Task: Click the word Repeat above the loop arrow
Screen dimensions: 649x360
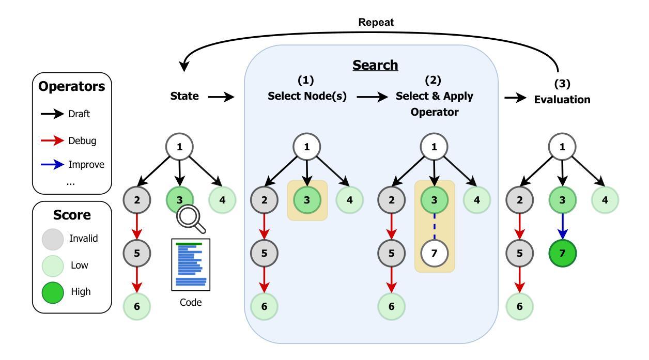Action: [376, 22]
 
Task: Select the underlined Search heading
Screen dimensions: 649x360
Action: [375, 65]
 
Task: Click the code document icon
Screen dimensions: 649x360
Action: [191, 265]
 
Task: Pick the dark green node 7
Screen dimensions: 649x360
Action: [562, 253]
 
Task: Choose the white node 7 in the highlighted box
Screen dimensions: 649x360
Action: [434, 253]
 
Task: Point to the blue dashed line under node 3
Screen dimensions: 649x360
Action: [434, 226]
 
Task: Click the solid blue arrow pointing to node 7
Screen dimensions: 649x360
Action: [562, 226]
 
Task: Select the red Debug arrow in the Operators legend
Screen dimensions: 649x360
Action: [52, 141]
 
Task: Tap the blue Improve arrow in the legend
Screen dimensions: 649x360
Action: [52, 165]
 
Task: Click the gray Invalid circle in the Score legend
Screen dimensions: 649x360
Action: [53, 239]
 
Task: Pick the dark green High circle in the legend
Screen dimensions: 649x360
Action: [53, 292]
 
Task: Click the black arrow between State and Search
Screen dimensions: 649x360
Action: [221, 97]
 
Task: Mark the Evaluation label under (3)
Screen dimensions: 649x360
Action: [562, 100]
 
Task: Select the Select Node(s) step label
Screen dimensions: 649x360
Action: [307, 96]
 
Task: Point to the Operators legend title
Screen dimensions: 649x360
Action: [71, 86]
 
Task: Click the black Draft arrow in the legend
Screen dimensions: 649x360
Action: [52, 114]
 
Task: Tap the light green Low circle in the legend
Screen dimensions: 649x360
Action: [53, 266]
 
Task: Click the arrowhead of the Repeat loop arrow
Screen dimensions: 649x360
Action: [183, 67]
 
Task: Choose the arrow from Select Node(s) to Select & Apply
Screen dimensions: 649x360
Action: [373, 97]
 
